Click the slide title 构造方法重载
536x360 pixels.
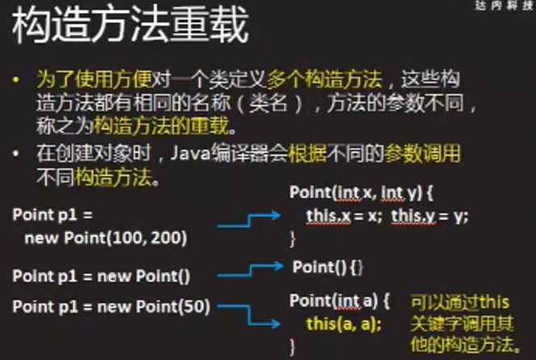coord(130,25)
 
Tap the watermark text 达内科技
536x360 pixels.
coord(505,5)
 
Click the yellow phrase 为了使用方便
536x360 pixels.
coord(94,80)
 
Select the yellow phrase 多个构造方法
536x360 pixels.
coord(325,80)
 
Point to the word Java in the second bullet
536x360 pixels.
coord(190,153)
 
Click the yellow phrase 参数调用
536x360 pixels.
coord(422,153)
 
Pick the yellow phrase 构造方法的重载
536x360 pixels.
coord(161,125)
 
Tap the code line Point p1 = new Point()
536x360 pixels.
coord(101,276)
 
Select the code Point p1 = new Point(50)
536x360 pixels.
coord(111,307)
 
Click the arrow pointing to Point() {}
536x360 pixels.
coord(250,270)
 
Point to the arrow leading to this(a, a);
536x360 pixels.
coord(249,315)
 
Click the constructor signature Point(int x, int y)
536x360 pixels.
coord(356,192)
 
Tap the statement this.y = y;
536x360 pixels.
coord(429,216)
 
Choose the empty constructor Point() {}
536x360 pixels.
coord(328,267)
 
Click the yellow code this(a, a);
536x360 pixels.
coord(344,324)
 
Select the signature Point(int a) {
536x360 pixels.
coord(340,301)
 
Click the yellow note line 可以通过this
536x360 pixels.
coord(460,303)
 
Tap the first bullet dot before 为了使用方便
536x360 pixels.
coord(15,80)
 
